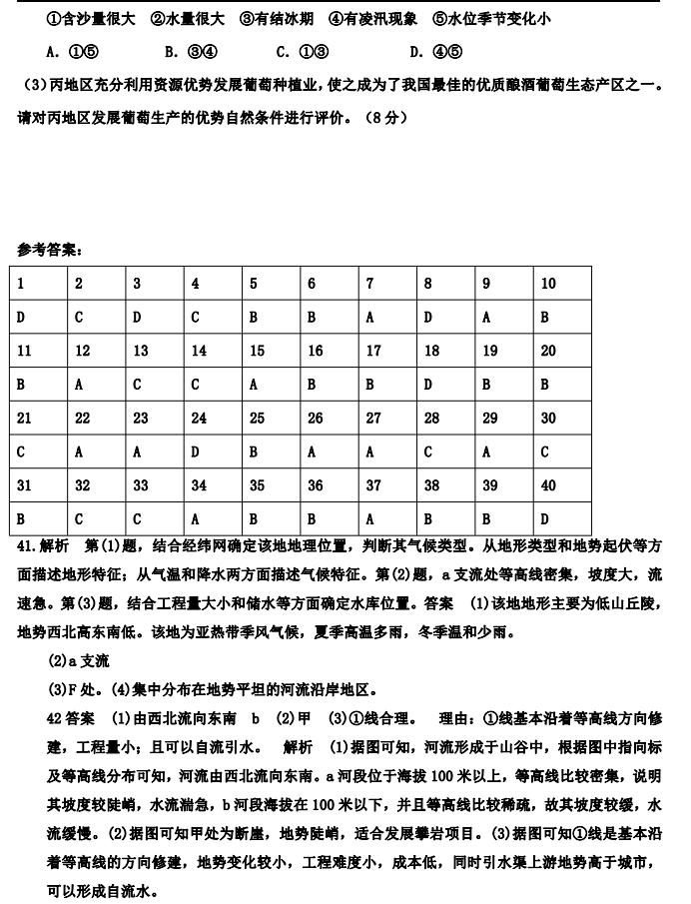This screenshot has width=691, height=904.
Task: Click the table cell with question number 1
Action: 40,284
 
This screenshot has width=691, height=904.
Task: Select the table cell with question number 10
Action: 562,284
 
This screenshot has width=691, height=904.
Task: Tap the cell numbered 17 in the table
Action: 387,351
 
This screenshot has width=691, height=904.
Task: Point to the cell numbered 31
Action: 40,485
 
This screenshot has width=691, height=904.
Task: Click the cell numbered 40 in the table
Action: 562,485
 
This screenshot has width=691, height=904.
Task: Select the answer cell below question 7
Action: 387,318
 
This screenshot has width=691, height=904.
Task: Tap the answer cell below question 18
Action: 445,385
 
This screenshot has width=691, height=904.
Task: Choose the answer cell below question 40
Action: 562,519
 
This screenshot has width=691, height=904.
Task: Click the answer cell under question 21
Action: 40,452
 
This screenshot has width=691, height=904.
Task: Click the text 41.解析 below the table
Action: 44,548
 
